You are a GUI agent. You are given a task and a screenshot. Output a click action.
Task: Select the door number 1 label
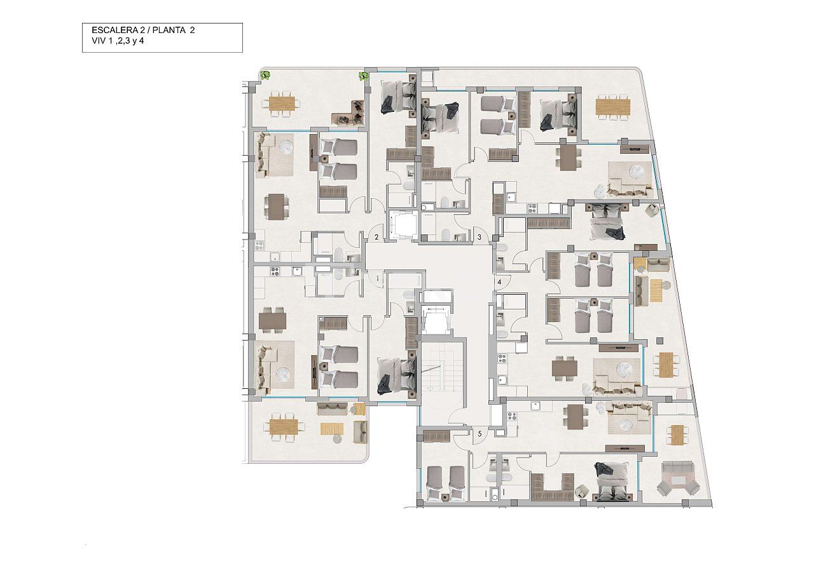click(x=377, y=278)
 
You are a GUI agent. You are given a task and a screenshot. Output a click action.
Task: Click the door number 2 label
click(x=376, y=237)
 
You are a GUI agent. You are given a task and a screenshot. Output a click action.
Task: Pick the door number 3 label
click(x=479, y=237)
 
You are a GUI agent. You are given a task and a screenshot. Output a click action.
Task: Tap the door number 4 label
click(x=500, y=281)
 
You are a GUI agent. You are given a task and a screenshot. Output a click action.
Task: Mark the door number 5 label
click(x=479, y=435)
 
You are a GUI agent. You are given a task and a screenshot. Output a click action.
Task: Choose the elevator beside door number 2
click(x=403, y=226)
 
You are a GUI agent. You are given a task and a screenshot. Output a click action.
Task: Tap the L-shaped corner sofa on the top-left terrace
click(x=349, y=114)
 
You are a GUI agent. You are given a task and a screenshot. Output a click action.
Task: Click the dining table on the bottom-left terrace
click(x=282, y=427)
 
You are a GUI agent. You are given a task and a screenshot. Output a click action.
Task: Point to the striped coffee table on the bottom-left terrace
click(x=331, y=429)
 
